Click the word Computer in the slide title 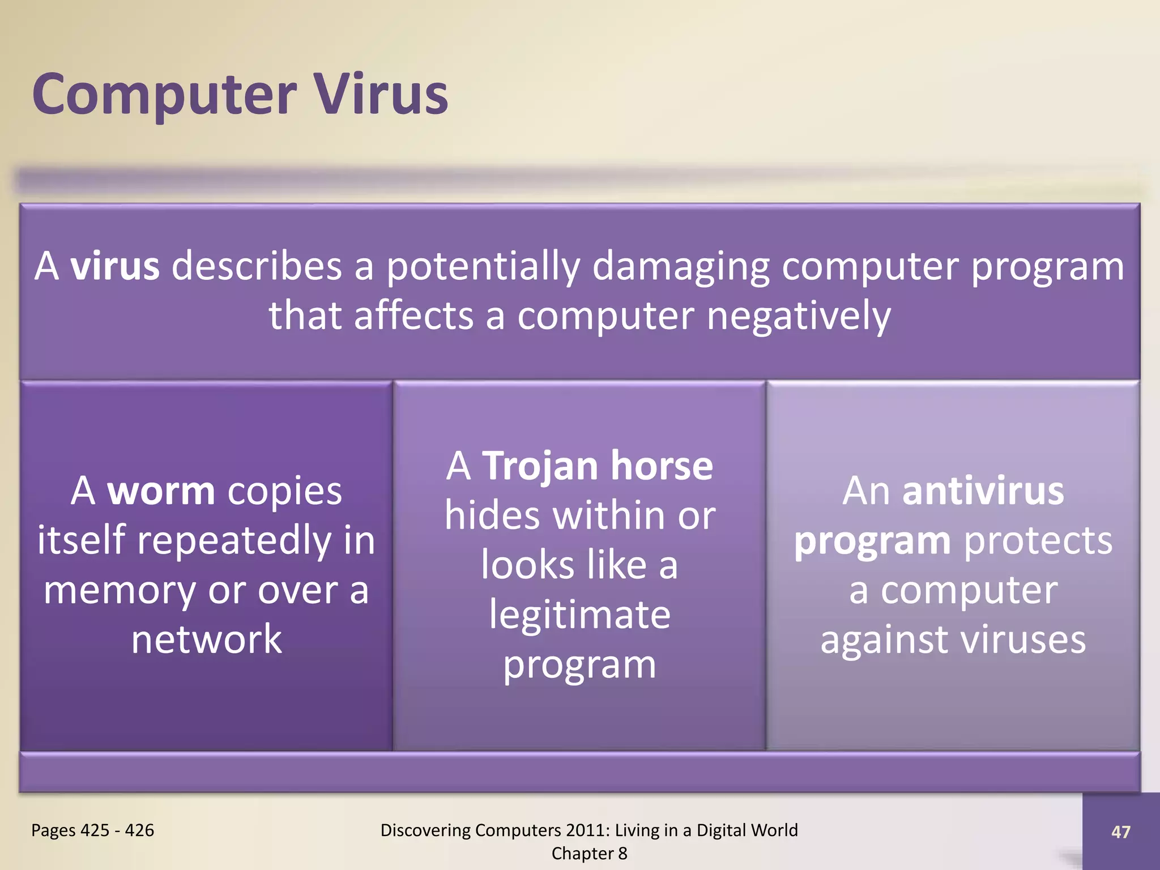[x=164, y=95]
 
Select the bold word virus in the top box [x=115, y=266]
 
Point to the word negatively [x=799, y=316]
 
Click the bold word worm [x=161, y=491]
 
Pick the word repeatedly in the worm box [x=234, y=541]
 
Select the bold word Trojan [x=540, y=466]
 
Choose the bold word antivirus [x=983, y=491]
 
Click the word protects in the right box [x=1038, y=541]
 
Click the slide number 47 [x=1120, y=832]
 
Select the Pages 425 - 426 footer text [x=92, y=830]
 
